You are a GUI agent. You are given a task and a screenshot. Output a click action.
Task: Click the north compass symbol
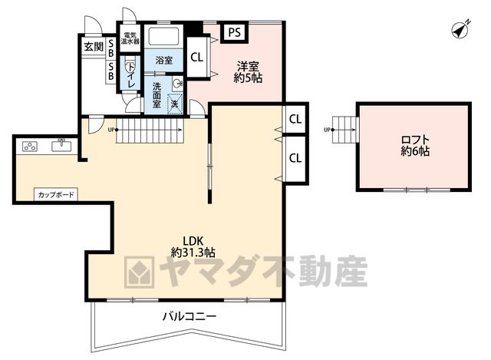point(460,30)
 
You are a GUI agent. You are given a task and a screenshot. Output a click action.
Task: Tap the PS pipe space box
point(235,32)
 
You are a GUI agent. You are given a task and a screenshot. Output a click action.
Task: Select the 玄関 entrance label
point(94,47)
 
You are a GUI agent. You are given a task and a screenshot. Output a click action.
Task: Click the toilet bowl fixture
point(130,68)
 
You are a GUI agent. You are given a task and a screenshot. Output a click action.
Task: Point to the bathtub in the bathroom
point(163,36)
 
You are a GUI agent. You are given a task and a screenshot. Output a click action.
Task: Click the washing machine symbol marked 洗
point(175,103)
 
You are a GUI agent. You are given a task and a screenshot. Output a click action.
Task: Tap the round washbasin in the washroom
point(178,84)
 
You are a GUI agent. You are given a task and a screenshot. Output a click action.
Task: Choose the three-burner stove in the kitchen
point(30,147)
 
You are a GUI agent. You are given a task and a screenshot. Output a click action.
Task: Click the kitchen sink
point(61,145)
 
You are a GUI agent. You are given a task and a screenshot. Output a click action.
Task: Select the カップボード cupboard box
point(56,194)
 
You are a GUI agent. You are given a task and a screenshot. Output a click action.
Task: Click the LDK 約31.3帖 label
point(193,246)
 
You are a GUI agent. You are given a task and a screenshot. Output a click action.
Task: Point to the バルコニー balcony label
point(189,316)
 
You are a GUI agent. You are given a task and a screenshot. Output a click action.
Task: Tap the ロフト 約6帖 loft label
point(415,145)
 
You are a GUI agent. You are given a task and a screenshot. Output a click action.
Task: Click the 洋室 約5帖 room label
point(248,72)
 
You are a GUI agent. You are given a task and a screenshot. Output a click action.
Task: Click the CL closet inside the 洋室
point(197,57)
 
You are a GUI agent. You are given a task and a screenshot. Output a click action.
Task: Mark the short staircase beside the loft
point(344,130)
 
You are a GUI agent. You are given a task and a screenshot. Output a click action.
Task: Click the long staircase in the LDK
point(150,130)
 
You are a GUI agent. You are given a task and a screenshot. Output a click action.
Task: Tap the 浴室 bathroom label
point(163,60)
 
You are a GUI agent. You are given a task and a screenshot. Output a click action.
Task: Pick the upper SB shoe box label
point(110,48)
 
